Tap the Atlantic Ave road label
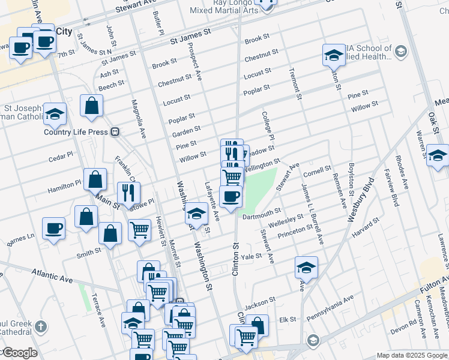(53, 275)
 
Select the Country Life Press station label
(76, 132)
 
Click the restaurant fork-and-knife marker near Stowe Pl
(128, 193)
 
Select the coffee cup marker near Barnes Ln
(54, 227)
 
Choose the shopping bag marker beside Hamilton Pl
(95, 179)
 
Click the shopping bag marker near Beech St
(91, 106)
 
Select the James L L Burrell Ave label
(313, 214)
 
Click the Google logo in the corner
(19, 353)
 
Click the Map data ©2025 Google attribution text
(411, 355)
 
